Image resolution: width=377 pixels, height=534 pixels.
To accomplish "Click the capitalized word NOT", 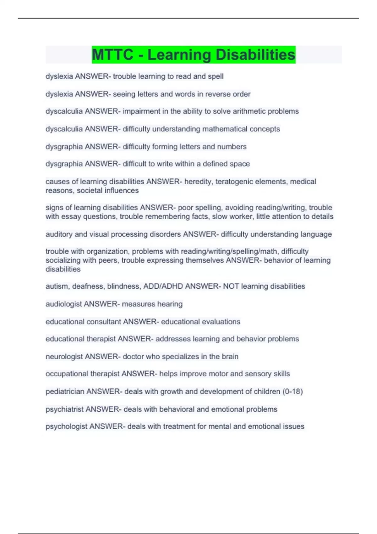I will (x=231, y=286).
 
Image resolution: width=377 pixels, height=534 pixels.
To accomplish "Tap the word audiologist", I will (x=64, y=304).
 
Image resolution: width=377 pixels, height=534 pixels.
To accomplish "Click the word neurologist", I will (x=64, y=357).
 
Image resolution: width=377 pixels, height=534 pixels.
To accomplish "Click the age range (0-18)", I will (x=292, y=391).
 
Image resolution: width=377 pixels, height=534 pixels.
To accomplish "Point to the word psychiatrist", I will (x=65, y=409).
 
